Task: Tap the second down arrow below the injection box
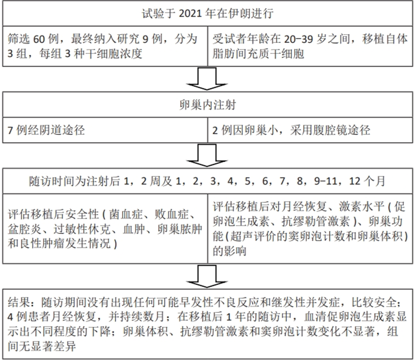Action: pos(207,155)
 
